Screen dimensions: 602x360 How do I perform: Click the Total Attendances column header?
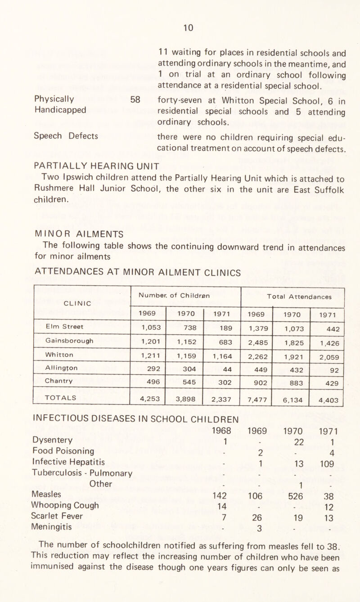[x=292, y=297]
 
